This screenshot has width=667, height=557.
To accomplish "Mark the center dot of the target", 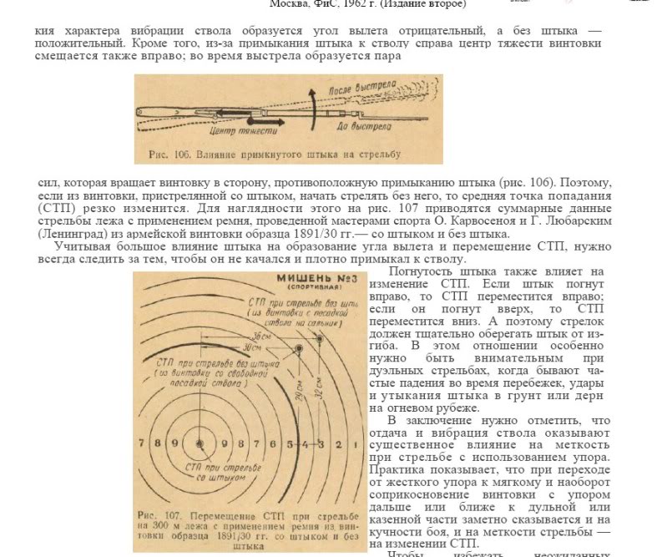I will [199, 443].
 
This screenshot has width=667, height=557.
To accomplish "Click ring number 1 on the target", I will [350, 443].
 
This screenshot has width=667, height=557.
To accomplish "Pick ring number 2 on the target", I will [335, 443].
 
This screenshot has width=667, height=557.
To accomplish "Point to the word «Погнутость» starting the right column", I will [426, 272].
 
